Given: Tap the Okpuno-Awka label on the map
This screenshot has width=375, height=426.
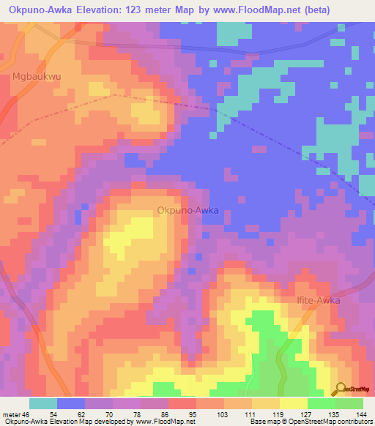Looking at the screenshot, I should pyautogui.click(x=187, y=210).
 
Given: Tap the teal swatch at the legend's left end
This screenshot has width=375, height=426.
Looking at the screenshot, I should pyautogui.click(x=43, y=403).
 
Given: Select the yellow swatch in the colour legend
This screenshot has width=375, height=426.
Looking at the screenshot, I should pyautogui.click(x=293, y=403).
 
